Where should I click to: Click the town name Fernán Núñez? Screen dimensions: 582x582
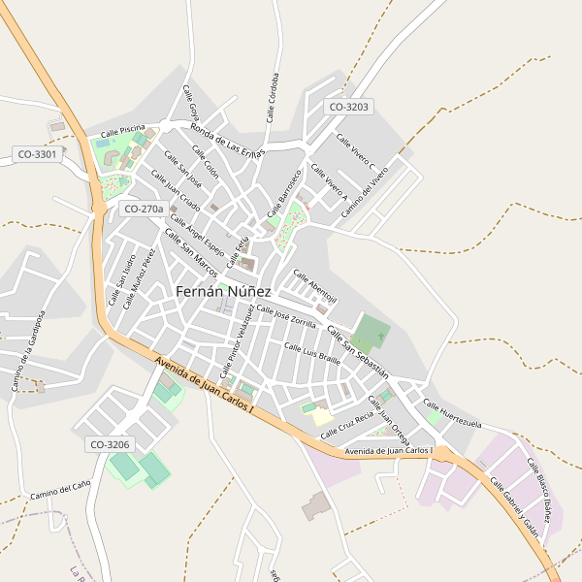238,291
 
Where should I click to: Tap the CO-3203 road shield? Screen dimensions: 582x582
349,108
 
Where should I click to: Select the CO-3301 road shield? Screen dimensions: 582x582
38,153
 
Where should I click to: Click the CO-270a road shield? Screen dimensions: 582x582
141,209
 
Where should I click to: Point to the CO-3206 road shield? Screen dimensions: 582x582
110,444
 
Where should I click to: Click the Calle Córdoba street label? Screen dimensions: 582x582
273,98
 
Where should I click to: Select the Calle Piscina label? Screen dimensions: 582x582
122,129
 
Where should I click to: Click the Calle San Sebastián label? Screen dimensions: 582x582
358,351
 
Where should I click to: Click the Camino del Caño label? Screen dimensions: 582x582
60,488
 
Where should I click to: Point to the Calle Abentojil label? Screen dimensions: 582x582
315,284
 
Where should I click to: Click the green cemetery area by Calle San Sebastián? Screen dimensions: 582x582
370,332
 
